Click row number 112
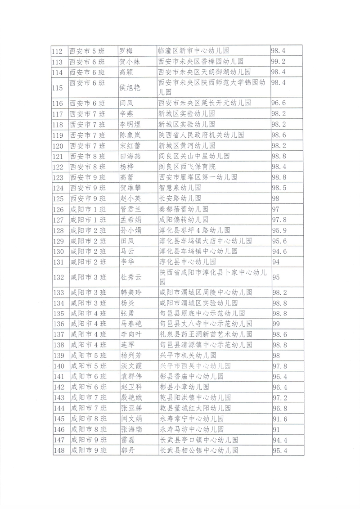[58, 51]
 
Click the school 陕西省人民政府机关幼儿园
[202, 135]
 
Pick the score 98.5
[279, 188]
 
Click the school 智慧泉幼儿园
[180, 188]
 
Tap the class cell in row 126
[88, 209]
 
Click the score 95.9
[279, 230]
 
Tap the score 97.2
[279, 398]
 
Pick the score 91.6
[279, 419]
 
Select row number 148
[58, 450]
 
